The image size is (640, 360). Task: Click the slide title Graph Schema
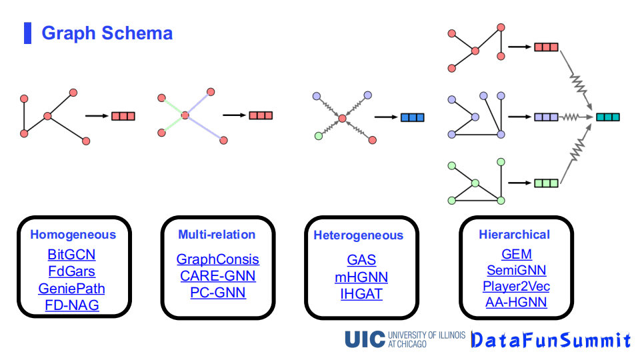pyautogui.click(x=107, y=33)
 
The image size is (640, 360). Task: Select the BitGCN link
pyautogui.click(x=71, y=255)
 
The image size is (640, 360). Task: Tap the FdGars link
pyautogui.click(x=71, y=272)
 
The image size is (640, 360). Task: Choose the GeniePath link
pyautogui.click(x=71, y=289)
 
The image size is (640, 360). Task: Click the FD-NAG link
pyautogui.click(x=71, y=306)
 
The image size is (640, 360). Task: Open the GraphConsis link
pyautogui.click(x=218, y=259)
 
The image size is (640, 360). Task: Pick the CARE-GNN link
pyautogui.click(x=218, y=276)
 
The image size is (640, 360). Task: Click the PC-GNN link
pyautogui.click(x=218, y=293)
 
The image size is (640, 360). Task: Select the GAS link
pyautogui.click(x=361, y=260)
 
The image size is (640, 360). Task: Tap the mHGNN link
pyautogui.click(x=361, y=277)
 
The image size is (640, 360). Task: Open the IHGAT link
pyautogui.click(x=361, y=294)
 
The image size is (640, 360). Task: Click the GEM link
pyautogui.click(x=517, y=254)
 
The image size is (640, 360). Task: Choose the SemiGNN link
pyautogui.click(x=517, y=270)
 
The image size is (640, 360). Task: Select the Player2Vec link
pyautogui.click(x=517, y=287)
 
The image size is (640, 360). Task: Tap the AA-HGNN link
pyautogui.click(x=517, y=303)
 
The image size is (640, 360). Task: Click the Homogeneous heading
pyautogui.click(x=73, y=235)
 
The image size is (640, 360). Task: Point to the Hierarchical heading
pyautogui.click(x=514, y=234)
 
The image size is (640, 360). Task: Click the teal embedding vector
pyautogui.click(x=607, y=117)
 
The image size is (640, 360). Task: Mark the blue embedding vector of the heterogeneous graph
pyautogui.click(x=412, y=118)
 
